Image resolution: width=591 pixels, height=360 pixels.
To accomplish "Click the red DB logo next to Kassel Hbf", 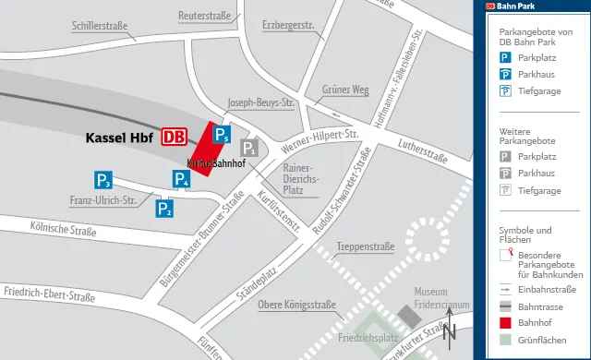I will coord(174,137).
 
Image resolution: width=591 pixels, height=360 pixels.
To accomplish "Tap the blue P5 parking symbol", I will coord(221,136).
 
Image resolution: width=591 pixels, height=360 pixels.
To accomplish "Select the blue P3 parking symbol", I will coord(103,180).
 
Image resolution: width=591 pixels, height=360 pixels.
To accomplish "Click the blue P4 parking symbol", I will coord(182,179).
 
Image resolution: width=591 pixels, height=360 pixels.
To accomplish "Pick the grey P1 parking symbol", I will coord(248,148).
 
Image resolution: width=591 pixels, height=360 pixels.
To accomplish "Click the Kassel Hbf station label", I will coord(118,138).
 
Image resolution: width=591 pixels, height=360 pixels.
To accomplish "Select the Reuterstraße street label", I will coord(204,16).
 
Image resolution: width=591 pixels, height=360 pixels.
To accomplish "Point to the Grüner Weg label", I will coord(345,90).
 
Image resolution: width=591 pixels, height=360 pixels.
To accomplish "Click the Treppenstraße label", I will coord(366,246).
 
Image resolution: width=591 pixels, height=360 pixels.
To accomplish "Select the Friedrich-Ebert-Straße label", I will coord(49,296).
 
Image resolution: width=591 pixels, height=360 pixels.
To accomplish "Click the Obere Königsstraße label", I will coord(295,306).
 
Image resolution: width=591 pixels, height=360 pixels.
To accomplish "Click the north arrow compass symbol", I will coord(450,328).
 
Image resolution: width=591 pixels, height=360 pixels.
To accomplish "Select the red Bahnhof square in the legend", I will coord(506,323).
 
